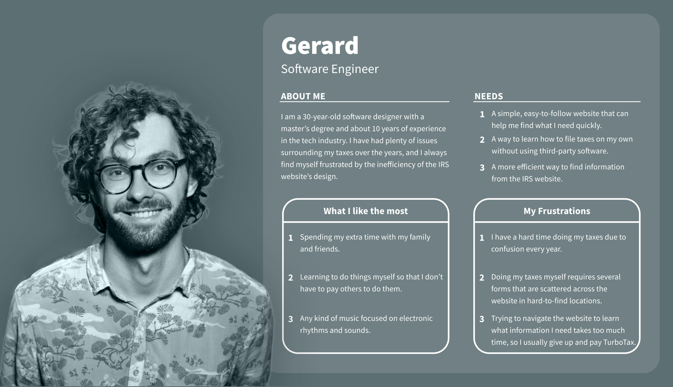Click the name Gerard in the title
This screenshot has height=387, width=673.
pyautogui.click(x=320, y=46)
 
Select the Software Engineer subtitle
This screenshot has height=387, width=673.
pyautogui.click(x=330, y=69)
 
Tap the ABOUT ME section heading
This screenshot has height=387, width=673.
pyautogui.click(x=303, y=96)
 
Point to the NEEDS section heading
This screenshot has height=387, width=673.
pyautogui.click(x=488, y=96)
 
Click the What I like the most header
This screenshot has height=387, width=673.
pyautogui.click(x=366, y=211)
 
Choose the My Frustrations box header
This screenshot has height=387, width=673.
pyautogui.click(x=557, y=211)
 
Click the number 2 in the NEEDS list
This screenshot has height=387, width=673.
pyautogui.click(x=482, y=140)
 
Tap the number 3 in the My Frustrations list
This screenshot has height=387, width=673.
pyautogui.click(x=482, y=319)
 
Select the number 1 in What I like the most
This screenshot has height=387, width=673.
pyautogui.click(x=291, y=238)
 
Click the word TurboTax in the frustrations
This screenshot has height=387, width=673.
pyautogui.click(x=619, y=342)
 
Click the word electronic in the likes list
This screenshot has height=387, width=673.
pyautogui.click(x=416, y=318)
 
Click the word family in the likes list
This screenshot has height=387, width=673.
pyautogui.click(x=420, y=237)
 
